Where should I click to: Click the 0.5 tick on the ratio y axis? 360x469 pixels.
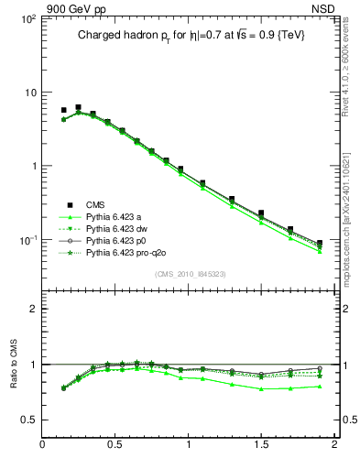(x=27, y=420)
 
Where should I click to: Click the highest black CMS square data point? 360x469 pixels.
(x=78, y=107)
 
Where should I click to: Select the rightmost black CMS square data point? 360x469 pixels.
(x=320, y=244)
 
